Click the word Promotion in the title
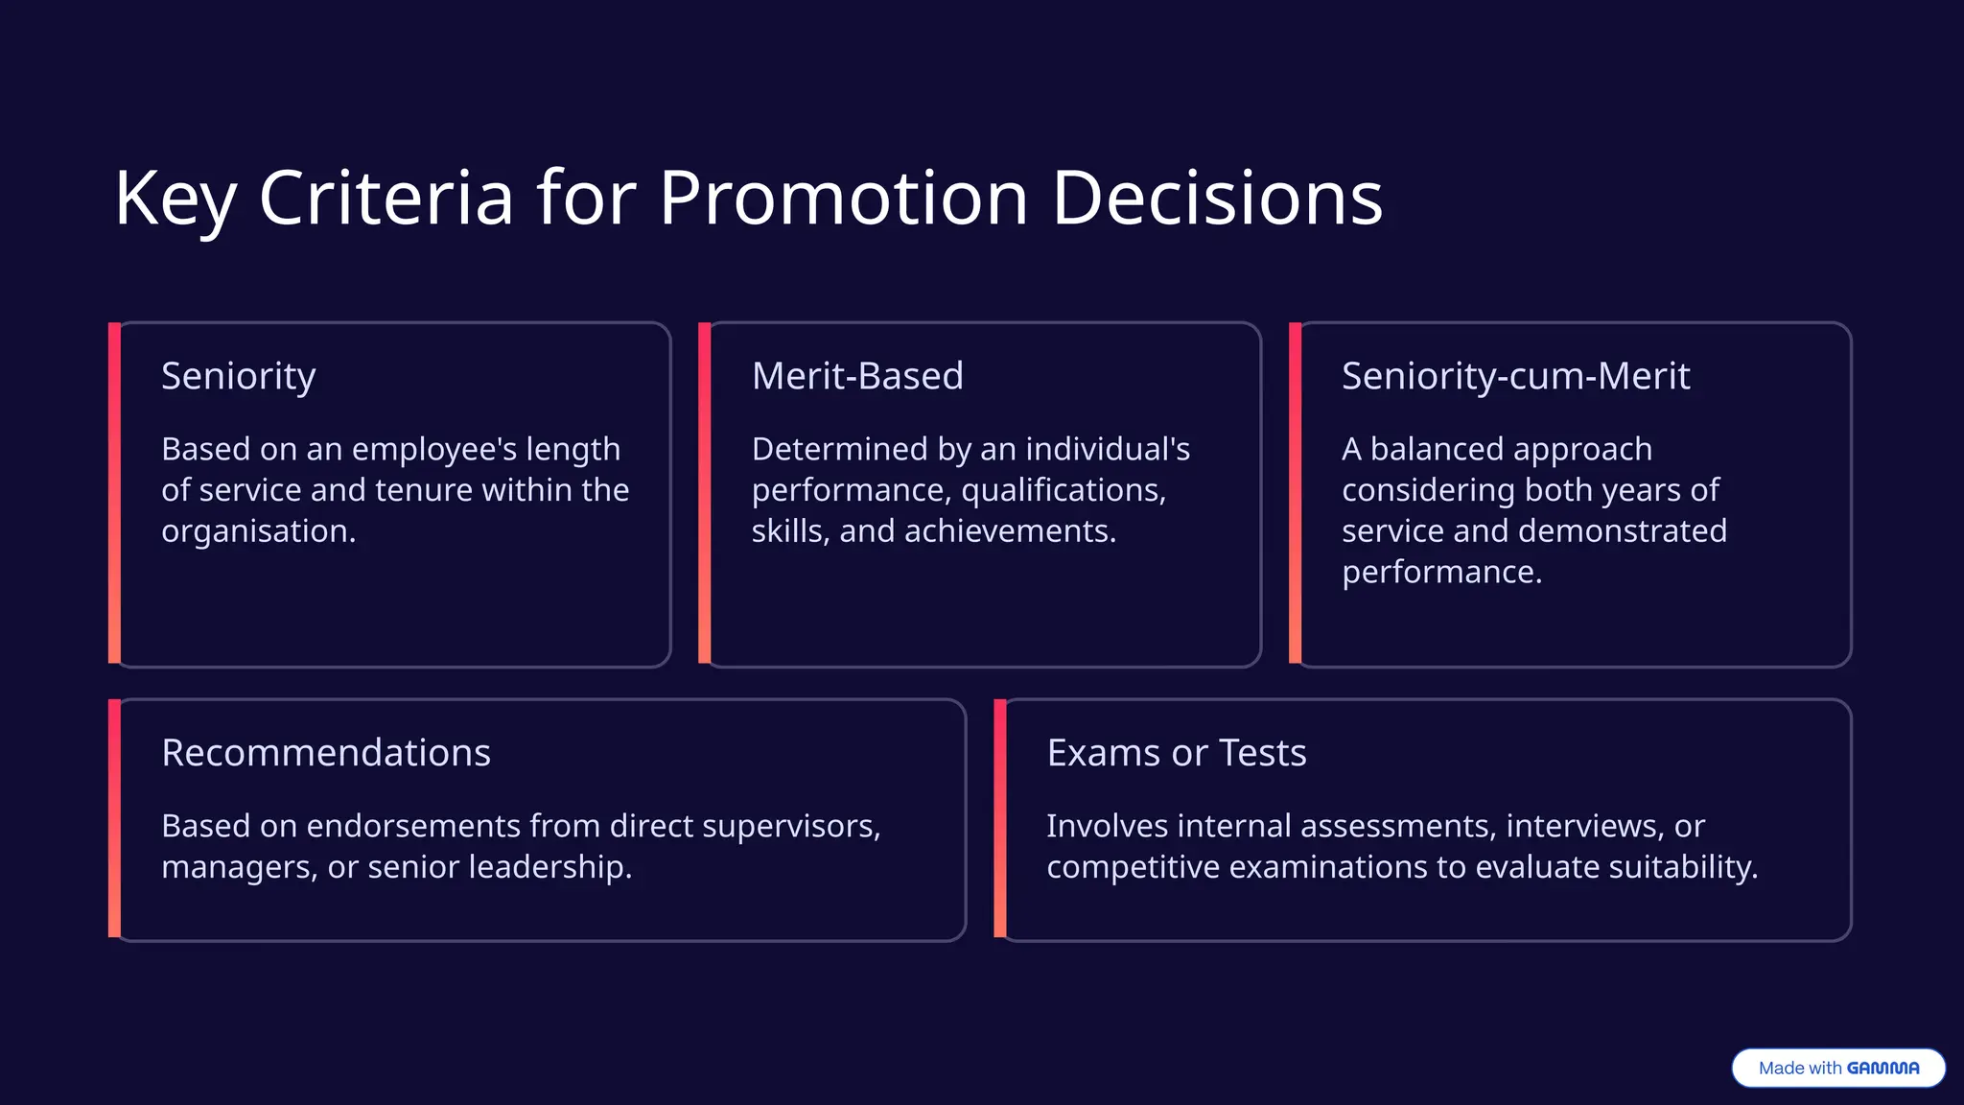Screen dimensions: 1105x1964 coord(843,199)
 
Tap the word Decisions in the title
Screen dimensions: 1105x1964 coord(1217,199)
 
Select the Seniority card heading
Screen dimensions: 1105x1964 coord(238,376)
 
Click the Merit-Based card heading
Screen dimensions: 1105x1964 coord(857,376)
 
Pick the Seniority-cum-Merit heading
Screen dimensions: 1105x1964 coord(1515,376)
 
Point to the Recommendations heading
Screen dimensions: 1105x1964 coord(326,753)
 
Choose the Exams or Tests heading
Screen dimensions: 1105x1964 coord(1177,753)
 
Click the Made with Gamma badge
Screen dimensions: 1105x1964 coord(1838,1068)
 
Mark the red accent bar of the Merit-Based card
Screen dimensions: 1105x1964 coord(705,493)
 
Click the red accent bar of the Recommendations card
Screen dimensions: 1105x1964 coord(114,818)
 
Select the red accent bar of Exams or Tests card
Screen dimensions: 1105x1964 coord(1000,818)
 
